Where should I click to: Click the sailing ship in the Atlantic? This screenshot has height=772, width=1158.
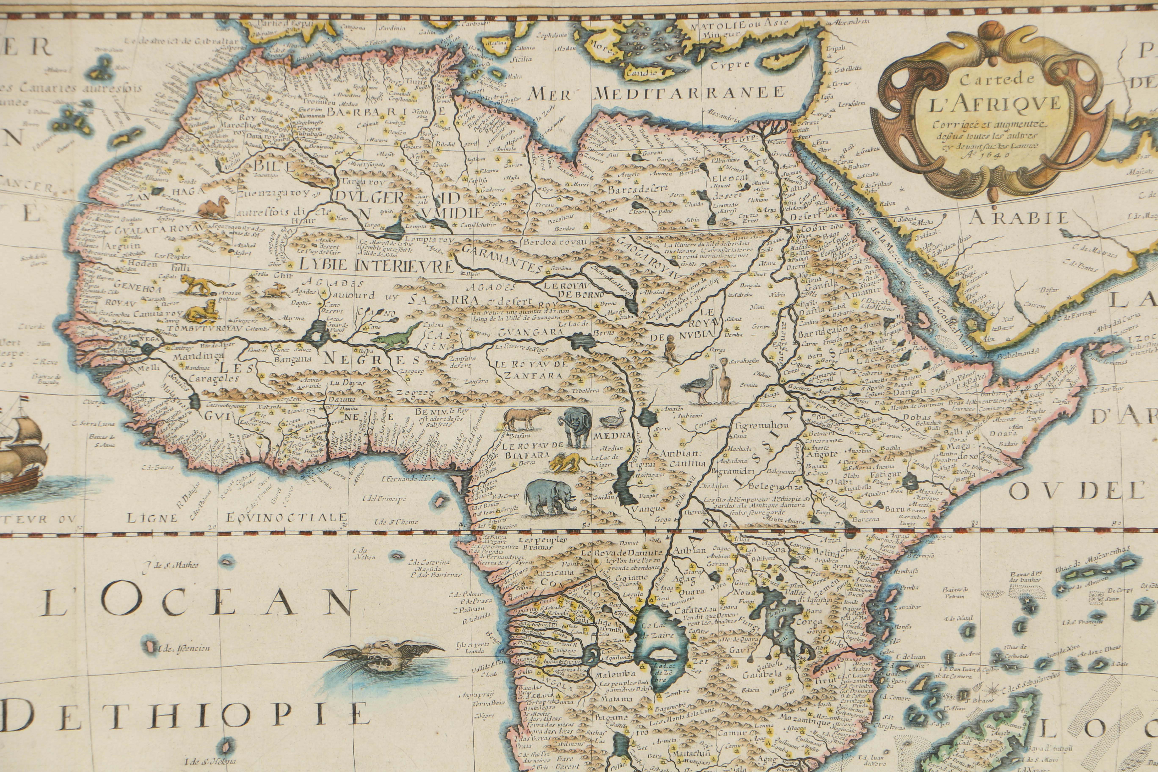(22, 446)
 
